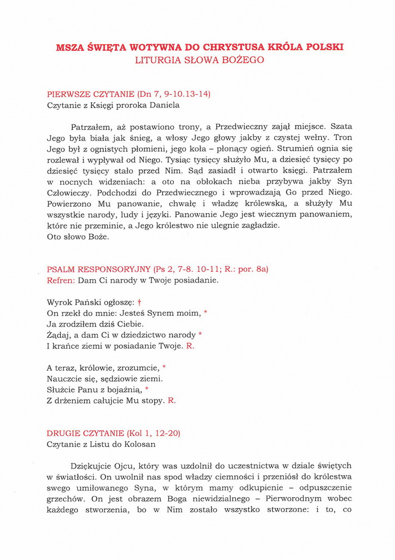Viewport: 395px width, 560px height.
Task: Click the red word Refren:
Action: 62,280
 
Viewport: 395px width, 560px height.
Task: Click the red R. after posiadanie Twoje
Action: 190,346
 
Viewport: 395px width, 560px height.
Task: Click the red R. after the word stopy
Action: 172,401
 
